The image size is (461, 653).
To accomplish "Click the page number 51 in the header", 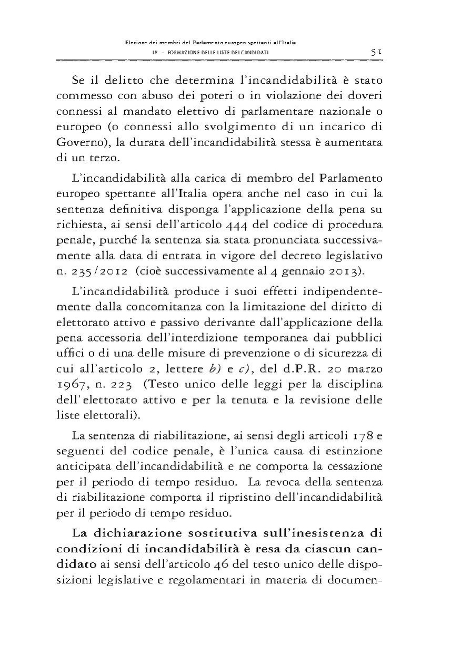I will click(x=376, y=53).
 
